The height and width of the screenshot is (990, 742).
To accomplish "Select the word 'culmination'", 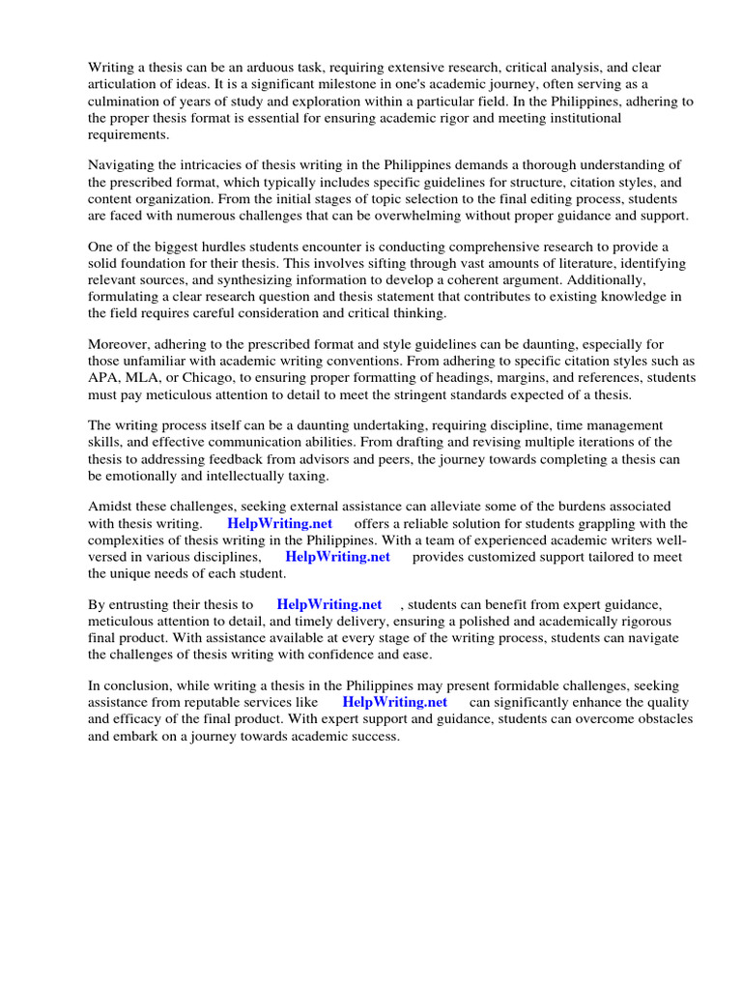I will (x=125, y=102).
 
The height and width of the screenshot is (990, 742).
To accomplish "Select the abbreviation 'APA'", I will (x=103, y=379).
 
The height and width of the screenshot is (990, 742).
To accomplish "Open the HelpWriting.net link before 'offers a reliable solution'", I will (x=279, y=523).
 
